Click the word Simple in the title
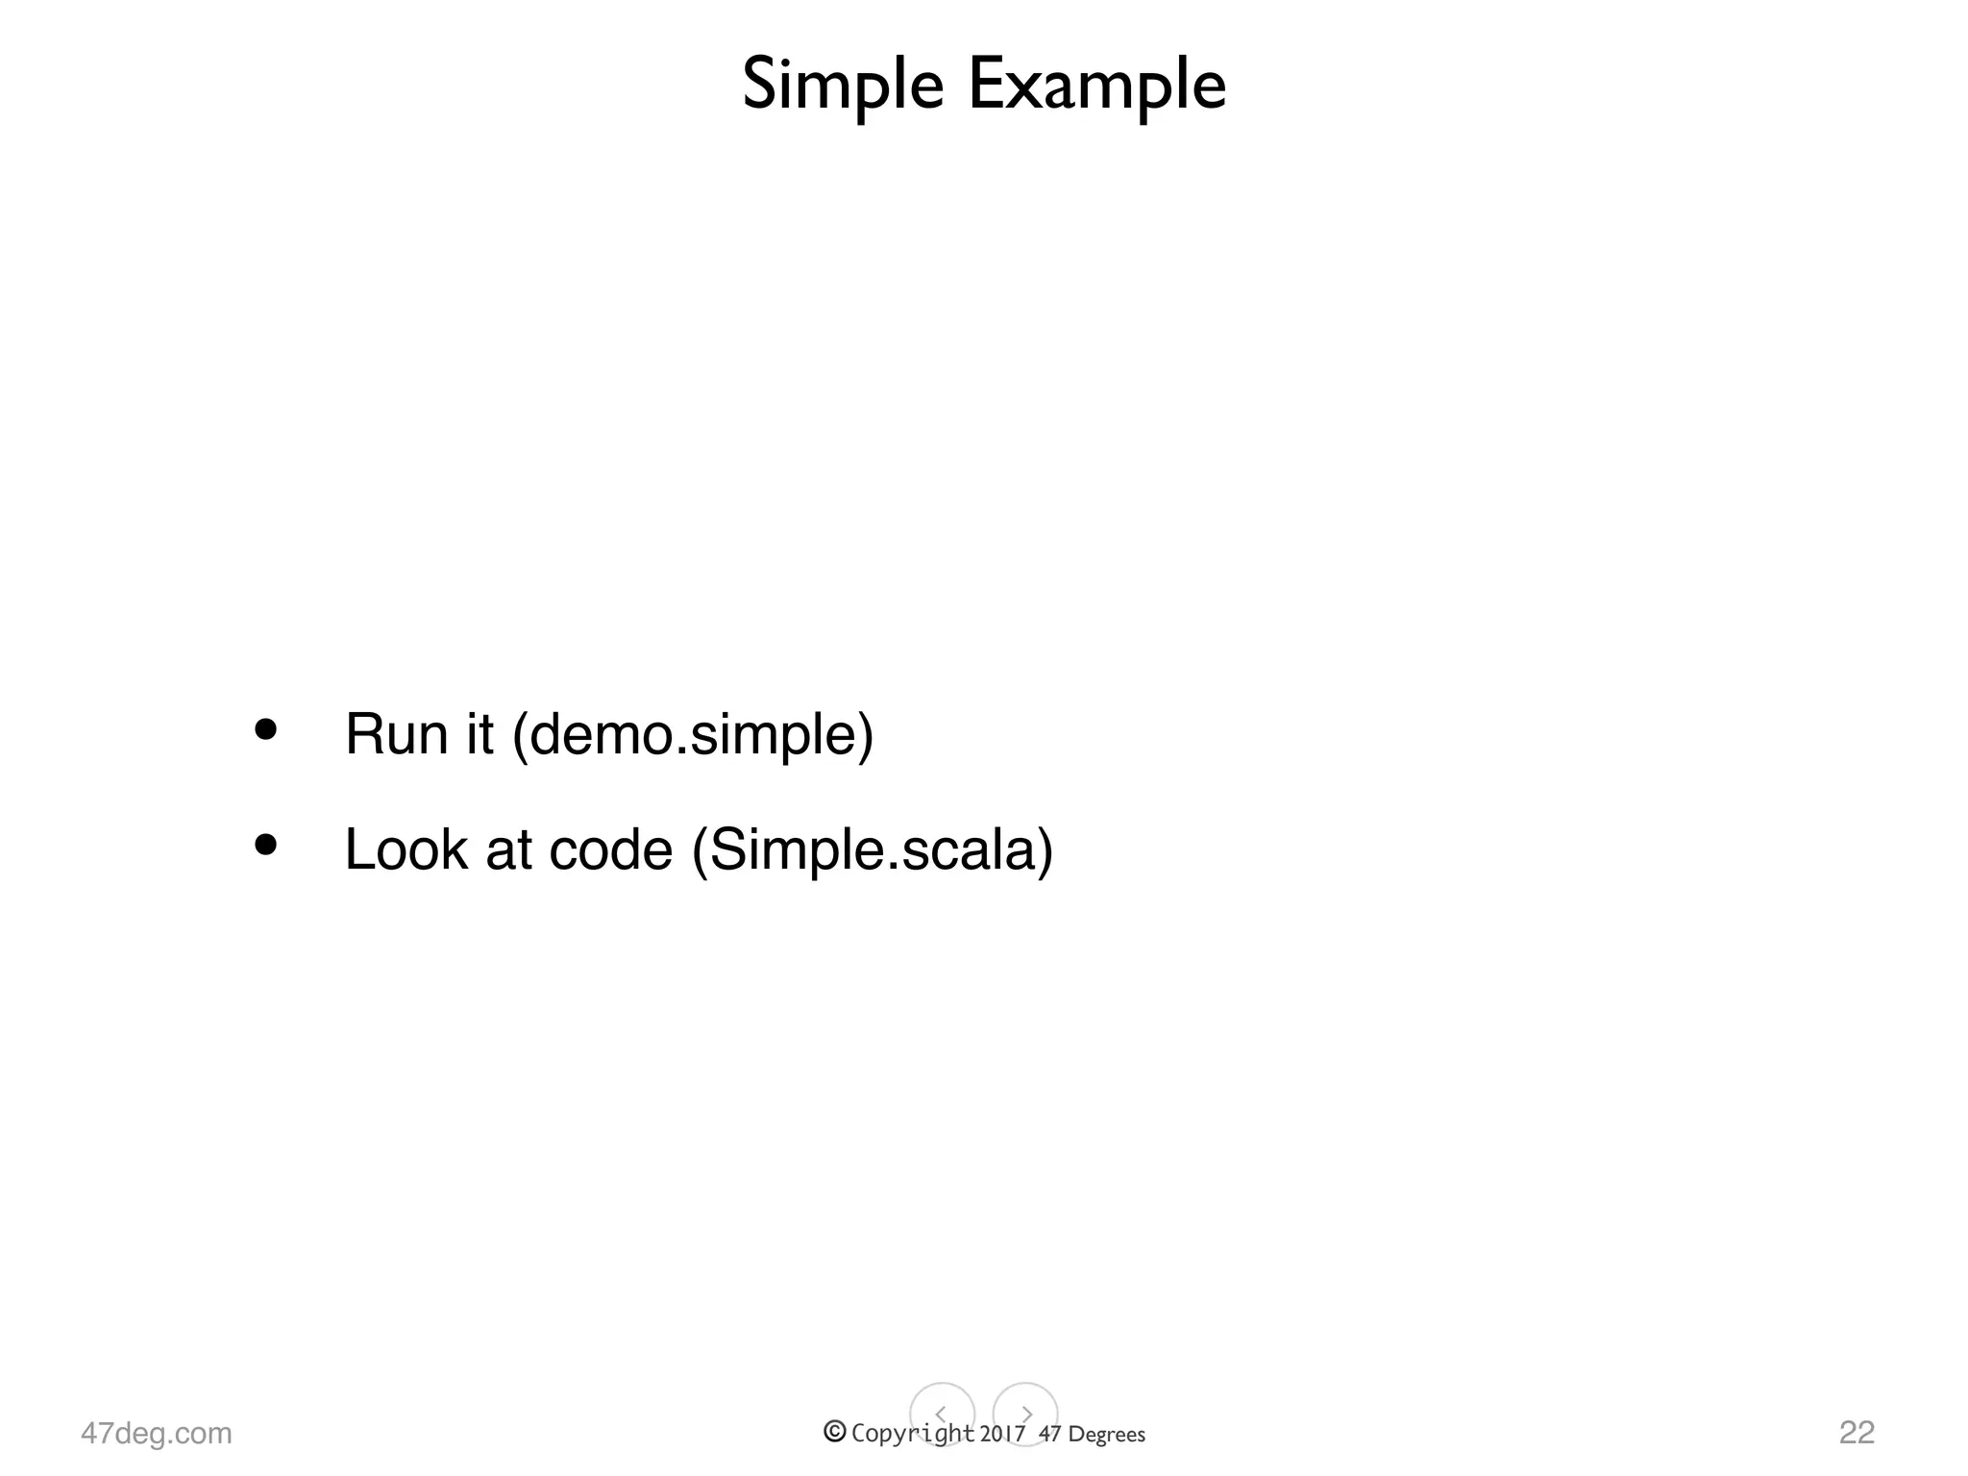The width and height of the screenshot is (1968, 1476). [x=843, y=86]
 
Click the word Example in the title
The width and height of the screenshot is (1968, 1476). [x=1096, y=86]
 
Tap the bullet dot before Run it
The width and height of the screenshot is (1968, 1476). [x=265, y=729]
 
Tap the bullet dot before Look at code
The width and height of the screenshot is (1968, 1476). [x=265, y=845]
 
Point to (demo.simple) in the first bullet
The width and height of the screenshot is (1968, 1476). [x=693, y=736]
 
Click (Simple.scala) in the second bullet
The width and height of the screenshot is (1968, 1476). [x=873, y=851]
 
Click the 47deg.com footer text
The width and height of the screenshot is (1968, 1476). [x=157, y=1433]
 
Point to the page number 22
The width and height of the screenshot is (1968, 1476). [x=1857, y=1432]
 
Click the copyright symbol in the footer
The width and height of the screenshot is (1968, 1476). [x=834, y=1432]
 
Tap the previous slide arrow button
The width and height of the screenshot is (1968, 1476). [x=942, y=1414]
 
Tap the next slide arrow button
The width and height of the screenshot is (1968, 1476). [x=1025, y=1414]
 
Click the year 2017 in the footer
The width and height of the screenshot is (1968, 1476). [x=1003, y=1434]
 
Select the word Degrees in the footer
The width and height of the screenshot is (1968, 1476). [x=1106, y=1435]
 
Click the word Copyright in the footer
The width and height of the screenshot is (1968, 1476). [x=912, y=1434]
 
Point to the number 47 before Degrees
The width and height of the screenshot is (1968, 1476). [x=1050, y=1434]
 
